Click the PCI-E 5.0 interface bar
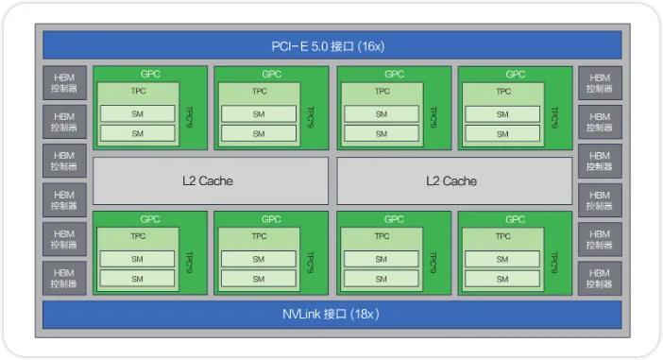coord(331,45)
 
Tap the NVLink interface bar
coord(331,315)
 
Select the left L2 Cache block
coord(211,181)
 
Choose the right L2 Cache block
coord(454,181)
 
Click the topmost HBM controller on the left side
coord(64,83)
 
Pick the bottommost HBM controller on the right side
coord(600,279)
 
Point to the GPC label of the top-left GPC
coord(150,74)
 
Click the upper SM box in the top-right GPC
coord(502,114)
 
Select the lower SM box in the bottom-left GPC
coord(137,279)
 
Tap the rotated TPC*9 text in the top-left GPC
coord(190,117)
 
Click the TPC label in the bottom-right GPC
coord(503,236)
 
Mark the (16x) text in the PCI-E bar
coord(371,46)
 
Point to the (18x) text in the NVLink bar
coord(365,315)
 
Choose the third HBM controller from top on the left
coord(64,161)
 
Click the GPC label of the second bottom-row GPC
coord(271,219)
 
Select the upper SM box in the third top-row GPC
coord(382,114)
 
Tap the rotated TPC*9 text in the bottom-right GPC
coord(554,262)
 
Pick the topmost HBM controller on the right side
coord(600,83)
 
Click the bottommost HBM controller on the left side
coord(64,279)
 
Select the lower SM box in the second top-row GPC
coord(259,133)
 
